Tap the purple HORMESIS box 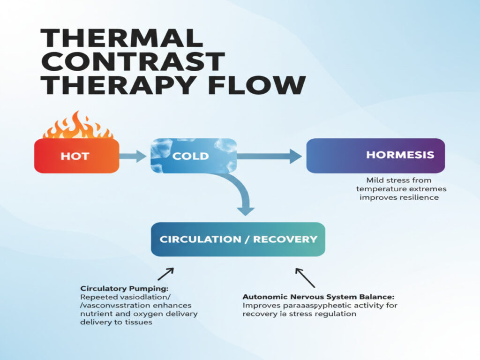pyautogui.click(x=375, y=155)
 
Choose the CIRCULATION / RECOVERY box pyautogui.click(x=238, y=239)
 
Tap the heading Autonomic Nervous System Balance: pyautogui.click(x=319, y=297)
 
